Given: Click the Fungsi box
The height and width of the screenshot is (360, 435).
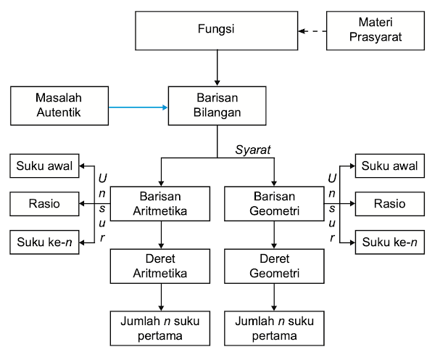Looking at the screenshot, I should tap(217, 30).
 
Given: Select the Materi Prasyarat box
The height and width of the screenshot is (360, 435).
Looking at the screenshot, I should tap(376, 30).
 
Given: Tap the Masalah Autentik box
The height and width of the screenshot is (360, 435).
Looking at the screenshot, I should tap(59, 105).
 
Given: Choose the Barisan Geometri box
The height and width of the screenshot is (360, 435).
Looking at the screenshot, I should tap(274, 204).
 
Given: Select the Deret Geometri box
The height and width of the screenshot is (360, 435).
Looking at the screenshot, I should tap(274, 266).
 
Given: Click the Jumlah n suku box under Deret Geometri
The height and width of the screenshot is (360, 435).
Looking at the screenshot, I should tap(274, 328).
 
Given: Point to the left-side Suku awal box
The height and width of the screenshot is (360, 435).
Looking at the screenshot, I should tap(45, 166).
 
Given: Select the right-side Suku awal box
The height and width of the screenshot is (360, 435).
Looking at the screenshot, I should tap(389, 166).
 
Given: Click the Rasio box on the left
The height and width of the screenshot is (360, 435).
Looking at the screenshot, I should tap(45, 204).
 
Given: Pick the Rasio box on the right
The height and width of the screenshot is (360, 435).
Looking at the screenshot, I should tap(389, 204).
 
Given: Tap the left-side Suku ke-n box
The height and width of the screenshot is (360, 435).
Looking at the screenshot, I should tap(45, 242).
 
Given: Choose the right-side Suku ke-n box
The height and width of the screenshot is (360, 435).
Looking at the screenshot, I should tap(389, 242).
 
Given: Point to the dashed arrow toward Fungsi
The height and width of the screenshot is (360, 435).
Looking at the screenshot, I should tap(312, 31).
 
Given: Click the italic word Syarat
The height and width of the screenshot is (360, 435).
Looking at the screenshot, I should tap(254, 150).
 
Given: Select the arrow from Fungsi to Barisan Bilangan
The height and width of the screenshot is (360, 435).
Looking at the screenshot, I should tap(217, 68).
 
